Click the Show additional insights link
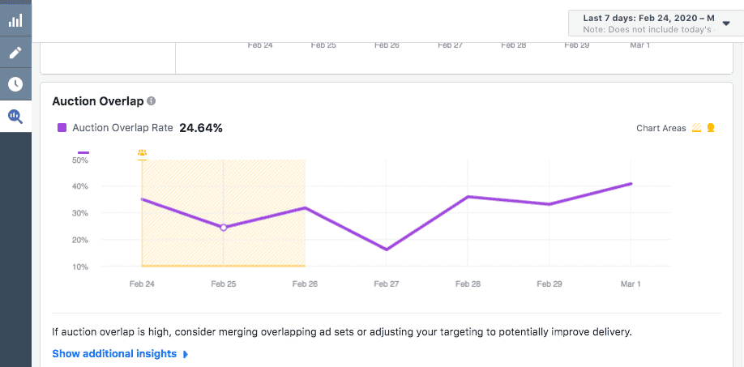(x=114, y=354)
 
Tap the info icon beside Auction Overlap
(x=152, y=101)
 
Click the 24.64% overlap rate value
(x=201, y=128)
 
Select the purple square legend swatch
(x=62, y=128)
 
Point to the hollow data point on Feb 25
(x=224, y=228)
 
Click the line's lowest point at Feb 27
(x=387, y=250)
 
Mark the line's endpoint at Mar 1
(x=631, y=184)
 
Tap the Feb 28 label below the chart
(x=468, y=284)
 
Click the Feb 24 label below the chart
(x=142, y=284)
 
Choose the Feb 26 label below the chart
(x=305, y=284)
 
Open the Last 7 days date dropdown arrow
(x=725, y=23)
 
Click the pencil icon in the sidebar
(x=15, y=53)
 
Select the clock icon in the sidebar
(x=15, y=84)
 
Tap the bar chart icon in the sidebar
(x=15, y=21)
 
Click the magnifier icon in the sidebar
(x=15, y=117)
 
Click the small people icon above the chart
(x=143, y=152)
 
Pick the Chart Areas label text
(x=661, y=128)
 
